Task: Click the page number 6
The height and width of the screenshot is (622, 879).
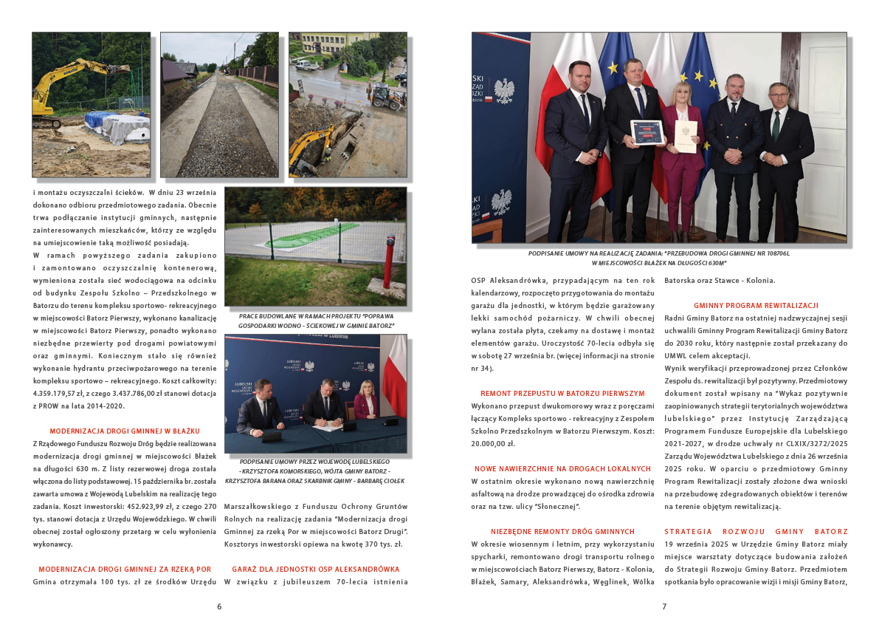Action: click(x=219, y=606)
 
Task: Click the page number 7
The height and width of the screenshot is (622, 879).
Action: click(x=663, y=606)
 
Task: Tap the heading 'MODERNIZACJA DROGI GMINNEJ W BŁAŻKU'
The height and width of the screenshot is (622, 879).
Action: click(x=125, y=431)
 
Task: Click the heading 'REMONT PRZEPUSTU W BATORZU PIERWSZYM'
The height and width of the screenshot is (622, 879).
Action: click(x=562, y=393)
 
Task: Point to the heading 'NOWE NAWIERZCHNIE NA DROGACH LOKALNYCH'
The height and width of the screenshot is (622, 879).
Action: click(x=562, y=468)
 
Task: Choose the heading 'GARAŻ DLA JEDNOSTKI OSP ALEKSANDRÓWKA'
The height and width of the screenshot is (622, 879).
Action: click(x=315, y=569)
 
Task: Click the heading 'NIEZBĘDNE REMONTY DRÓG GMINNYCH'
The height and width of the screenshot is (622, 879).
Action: click(x=562, y=531)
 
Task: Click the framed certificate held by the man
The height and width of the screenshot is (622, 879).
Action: click(x=645, y=132)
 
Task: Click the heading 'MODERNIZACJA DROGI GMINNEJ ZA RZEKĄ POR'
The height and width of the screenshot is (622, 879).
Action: click(x=125, y=569)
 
